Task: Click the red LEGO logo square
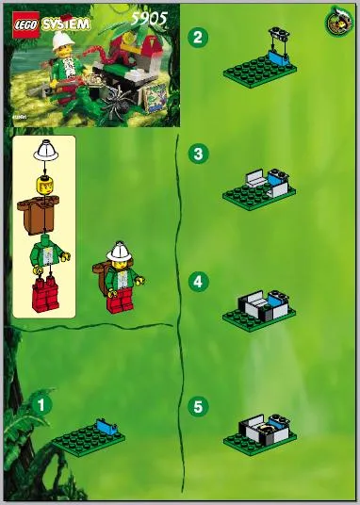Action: coord(25,24)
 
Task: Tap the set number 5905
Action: coord(149,19)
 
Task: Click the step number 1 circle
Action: coord(41,404)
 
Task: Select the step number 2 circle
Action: coord(198,37)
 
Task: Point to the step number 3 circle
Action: coord(198,154)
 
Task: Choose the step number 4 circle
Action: coord(198,281)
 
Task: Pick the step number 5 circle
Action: coord(198,406)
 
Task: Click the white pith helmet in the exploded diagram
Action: coord(46,151)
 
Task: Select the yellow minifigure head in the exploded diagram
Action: coord(44,186)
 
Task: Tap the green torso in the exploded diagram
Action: coord(48,254)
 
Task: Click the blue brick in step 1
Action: coord(107,427)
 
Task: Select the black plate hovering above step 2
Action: coord(278,34)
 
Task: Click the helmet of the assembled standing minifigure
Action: coord(121,251)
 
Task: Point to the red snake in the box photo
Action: coord(103,55)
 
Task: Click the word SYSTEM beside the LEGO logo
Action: coord(66,24)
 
